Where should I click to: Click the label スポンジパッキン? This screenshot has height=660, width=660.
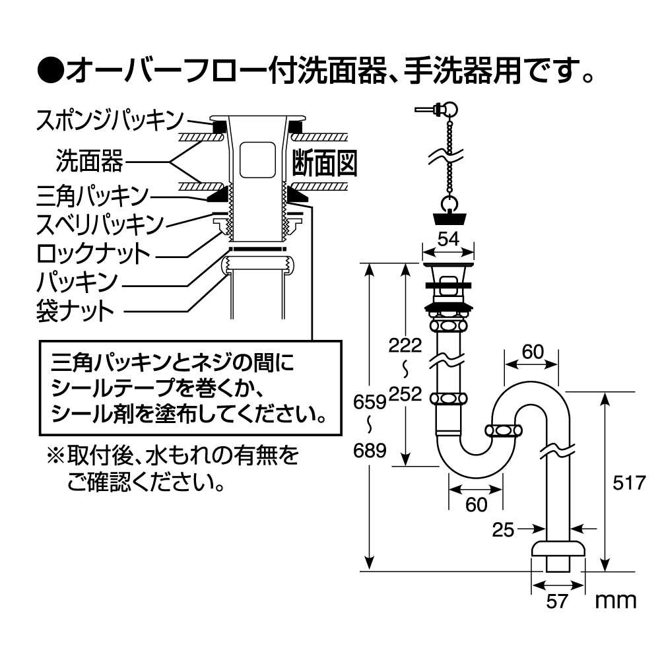(x=110, y=120)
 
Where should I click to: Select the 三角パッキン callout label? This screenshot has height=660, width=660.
(x=93, y=196)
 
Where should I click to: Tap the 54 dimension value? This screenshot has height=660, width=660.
(x=448, y=240)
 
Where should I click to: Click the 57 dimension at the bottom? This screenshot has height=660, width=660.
(x=558, y=601)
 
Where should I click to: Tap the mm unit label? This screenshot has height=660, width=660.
(x=615, y=600)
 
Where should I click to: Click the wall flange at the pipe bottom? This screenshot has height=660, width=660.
(x=558, y=550)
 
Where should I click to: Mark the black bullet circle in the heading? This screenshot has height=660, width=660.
(x=49, y=68)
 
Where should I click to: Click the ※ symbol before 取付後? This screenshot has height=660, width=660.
(x=52, y=455)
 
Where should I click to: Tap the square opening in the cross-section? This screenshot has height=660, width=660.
(x=257, y=160)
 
